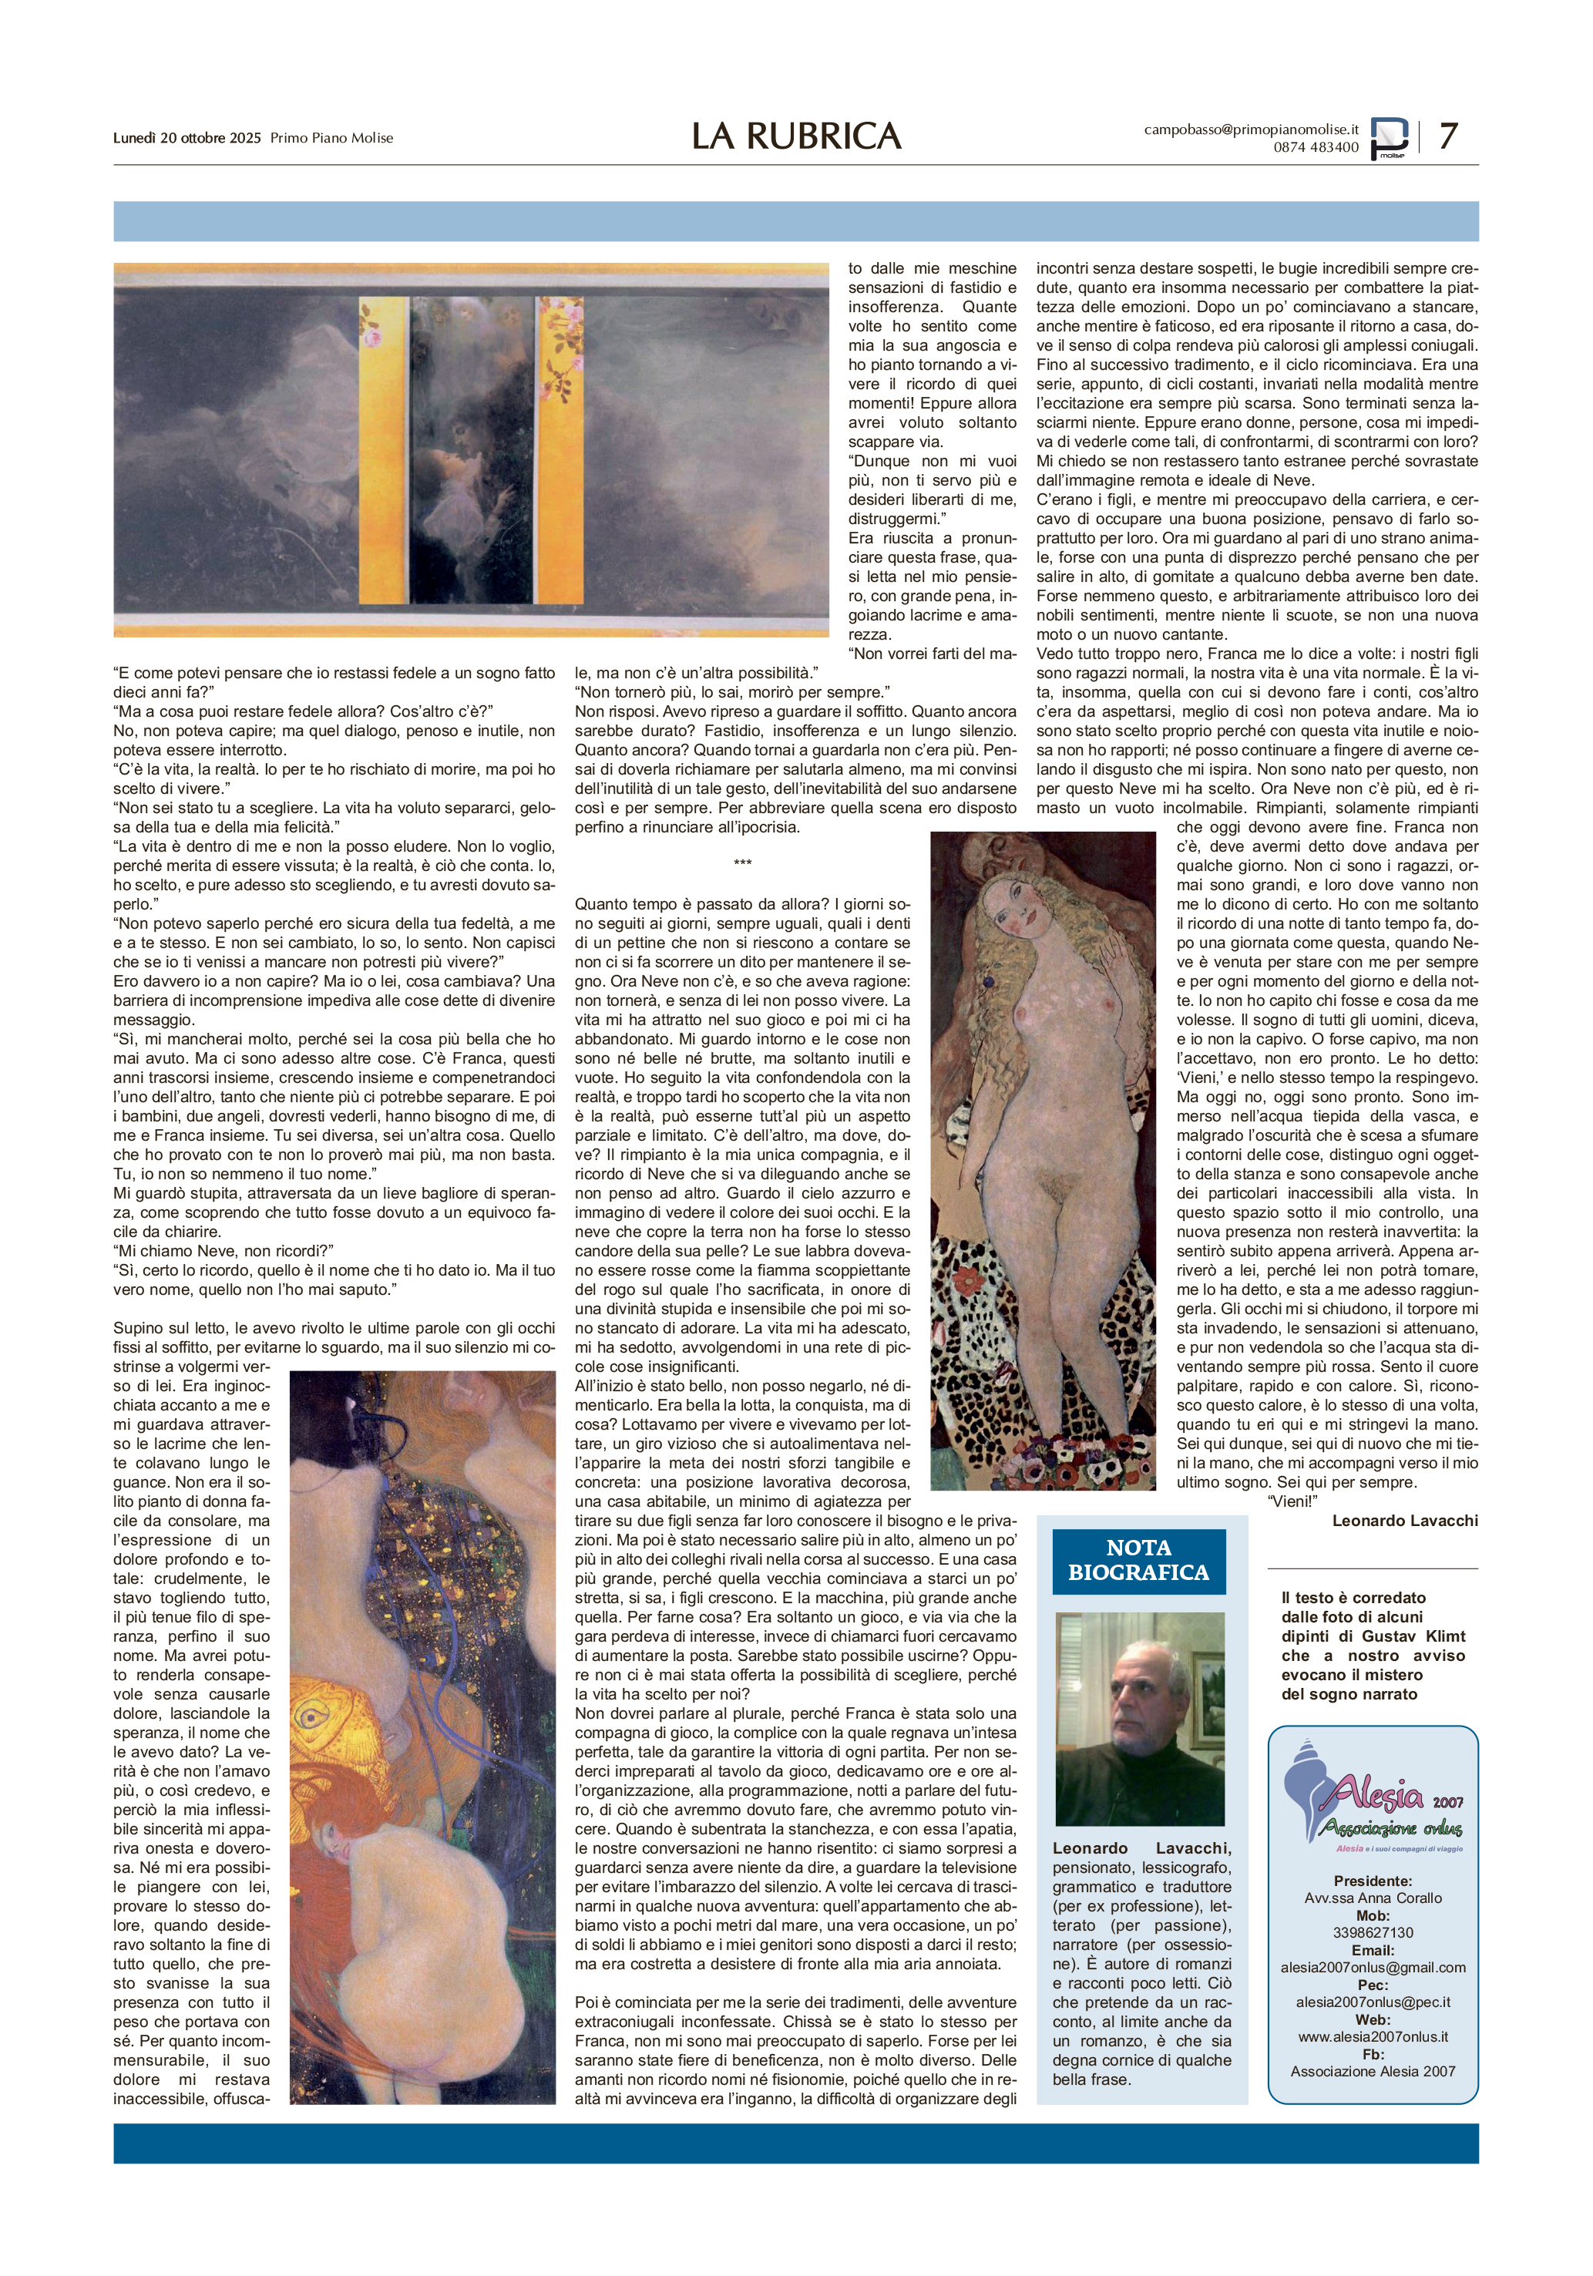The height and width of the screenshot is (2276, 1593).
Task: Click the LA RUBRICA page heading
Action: point(796,136)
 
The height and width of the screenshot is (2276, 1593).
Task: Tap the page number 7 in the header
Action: point(1447,135)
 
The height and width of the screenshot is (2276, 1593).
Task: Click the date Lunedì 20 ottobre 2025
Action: point(187,138)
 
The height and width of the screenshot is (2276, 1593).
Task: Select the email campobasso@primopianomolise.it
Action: point(1251,129)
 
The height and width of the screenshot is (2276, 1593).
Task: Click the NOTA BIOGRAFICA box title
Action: point(1138,1560)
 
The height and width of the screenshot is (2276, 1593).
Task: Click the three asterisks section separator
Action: point(742,863)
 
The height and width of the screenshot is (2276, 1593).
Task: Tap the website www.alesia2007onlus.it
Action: point(1373,2036)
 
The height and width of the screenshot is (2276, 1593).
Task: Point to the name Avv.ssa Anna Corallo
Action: point(1373,1898)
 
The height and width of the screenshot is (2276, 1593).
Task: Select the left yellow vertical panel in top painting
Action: point(384,451)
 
